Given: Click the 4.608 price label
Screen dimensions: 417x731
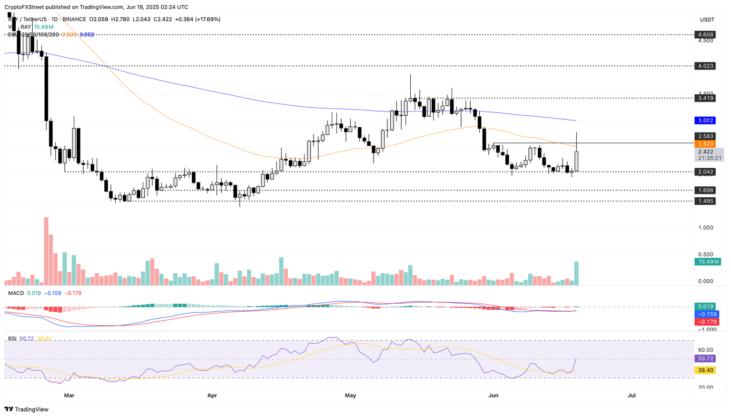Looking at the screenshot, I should [x=705, y=35].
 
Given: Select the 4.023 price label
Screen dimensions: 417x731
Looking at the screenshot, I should [x=705, y=66].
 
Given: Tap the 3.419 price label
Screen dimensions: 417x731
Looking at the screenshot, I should [x=705, y=98].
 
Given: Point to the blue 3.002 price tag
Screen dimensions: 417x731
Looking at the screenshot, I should [x=705, y=121].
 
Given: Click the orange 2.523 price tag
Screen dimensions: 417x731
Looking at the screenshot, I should [x=705, y=143].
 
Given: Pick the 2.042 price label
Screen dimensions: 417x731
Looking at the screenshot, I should [x=705, y=172].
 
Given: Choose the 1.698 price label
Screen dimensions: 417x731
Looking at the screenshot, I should [x=705, y=190].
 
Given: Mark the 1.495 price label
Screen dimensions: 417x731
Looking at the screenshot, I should [x=705, y=201].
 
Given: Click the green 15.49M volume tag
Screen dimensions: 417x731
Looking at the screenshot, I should [x=707, y=262].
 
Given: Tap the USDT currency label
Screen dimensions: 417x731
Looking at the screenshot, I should [x=707, y=20].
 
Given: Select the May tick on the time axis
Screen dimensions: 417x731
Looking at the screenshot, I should [x=350, y=396].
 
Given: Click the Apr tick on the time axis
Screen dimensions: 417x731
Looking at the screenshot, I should [x=212, y=396].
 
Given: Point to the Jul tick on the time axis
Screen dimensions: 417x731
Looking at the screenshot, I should [x=632, y=396].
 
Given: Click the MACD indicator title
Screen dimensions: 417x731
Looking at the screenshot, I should [x=16, y=293].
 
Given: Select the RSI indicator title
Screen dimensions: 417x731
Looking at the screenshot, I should [x=12, y=339].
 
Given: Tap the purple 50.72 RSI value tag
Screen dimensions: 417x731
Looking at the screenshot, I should [x=705, y=358].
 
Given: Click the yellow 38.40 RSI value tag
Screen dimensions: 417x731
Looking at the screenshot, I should [x=705, y=370].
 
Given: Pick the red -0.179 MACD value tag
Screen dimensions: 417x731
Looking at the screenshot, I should [x=705, y=322].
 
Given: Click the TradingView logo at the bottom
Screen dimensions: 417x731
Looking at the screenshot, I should [x=27, y=409].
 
